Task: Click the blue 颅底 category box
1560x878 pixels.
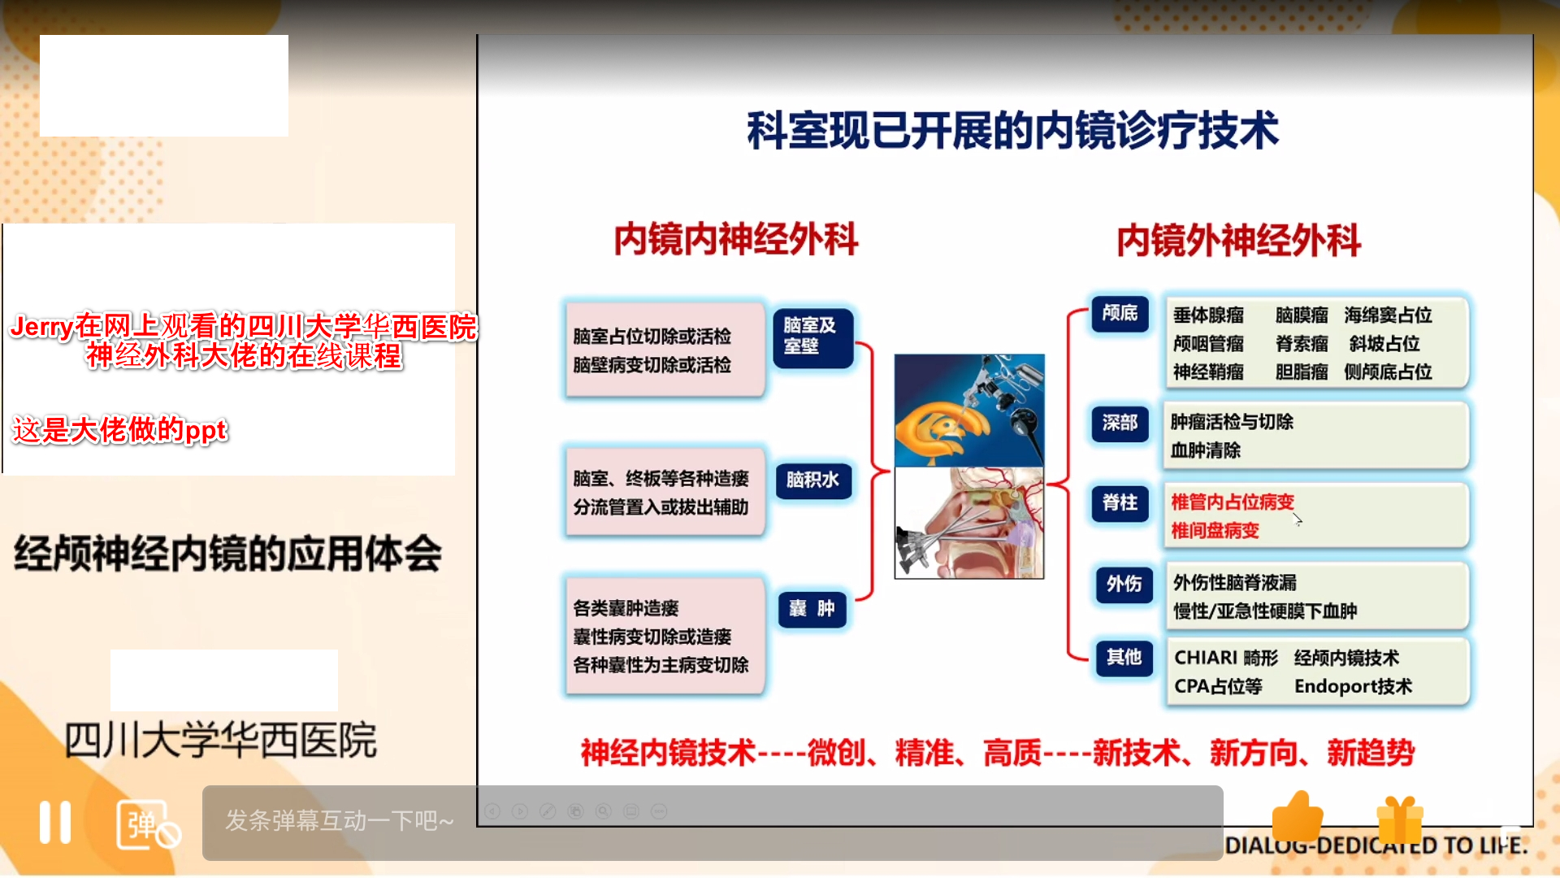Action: coord(1120,313)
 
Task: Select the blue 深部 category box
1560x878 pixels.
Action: coord(1120,423)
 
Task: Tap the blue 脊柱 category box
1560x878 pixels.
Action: coord(1120,503)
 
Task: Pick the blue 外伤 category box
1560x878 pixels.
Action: coord(1124,584)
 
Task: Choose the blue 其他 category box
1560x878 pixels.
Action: coord(1124,657)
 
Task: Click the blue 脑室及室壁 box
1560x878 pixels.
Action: coord(812,337)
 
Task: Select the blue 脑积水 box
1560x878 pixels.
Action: coord(812,480)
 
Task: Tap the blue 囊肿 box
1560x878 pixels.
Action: coord(812,609)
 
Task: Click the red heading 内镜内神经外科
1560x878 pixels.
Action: coord(736,240)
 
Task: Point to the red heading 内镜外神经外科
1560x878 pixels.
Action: coord(1238,241)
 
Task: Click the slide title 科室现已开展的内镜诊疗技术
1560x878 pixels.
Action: coord(1013,131)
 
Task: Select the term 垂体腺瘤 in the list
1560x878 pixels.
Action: coord(1208,315)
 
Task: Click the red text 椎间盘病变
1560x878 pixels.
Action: coord(1215,531)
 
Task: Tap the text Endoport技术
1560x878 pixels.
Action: coord(1354,687)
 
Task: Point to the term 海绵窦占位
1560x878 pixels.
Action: coord(1388,315)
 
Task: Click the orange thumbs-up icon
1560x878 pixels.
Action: coord(1298,816)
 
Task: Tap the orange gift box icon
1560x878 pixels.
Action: coord(1400,819)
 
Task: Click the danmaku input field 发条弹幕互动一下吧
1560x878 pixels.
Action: coord(713,822)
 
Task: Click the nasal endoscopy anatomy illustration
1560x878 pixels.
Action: coord(969,523)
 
